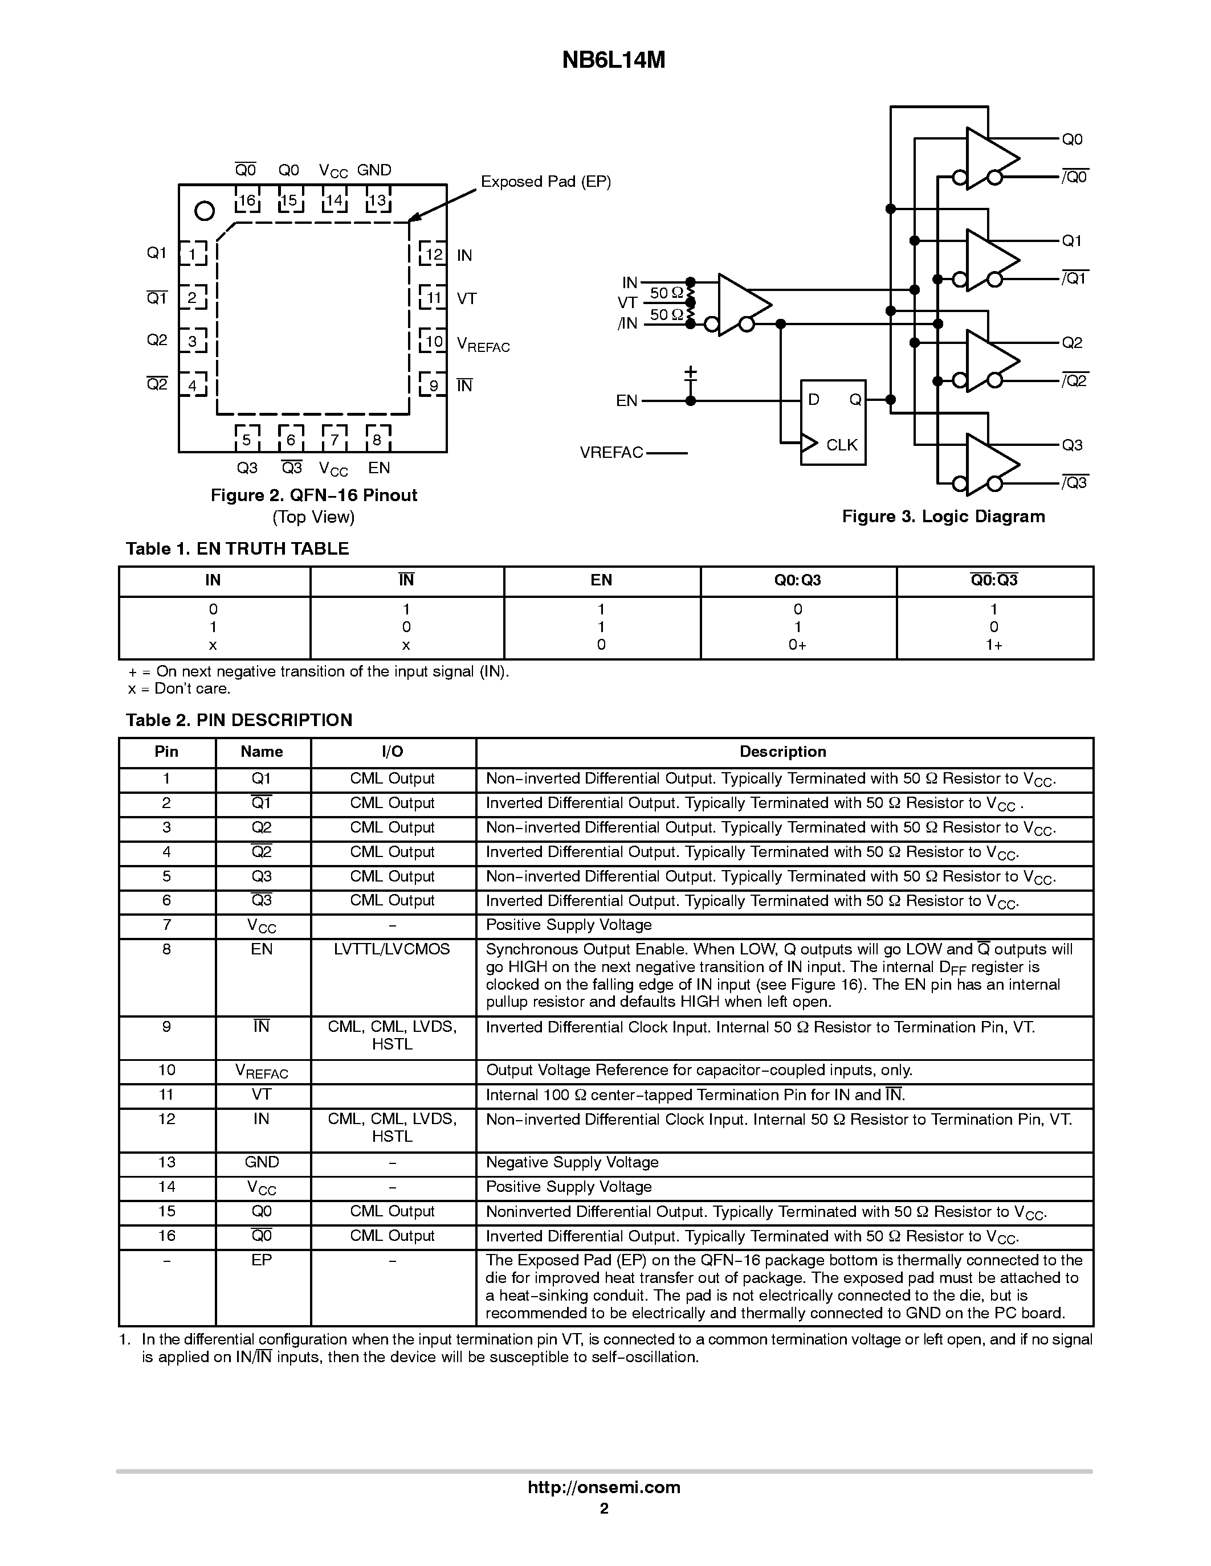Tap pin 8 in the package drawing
pyautogui.click(x=377, y=438)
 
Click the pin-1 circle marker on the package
pyautogui.click(x=205, y=211)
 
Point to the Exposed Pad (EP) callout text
pyautogui.click(x=545, y=182)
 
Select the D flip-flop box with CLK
pyautogui.click(x=833, y=423)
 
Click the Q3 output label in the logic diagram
pyautogui.click(x=1072, y=445)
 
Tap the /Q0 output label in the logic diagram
pyautogui.click(x=1074, y=177)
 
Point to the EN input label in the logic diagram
pyautogui.click(x=626, y=401)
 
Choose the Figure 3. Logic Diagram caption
pyautogui.click(x=943, y=516)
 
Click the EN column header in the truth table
pyautogui.click(x=601, y=580)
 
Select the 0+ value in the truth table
pyautogui.click(x=797, y=645)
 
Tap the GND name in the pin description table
pyautogui.click(x=262, y=1162)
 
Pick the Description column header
pyautogui.click(x=782, y=752)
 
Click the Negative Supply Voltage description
pyautogui.click(x=572, y=1162)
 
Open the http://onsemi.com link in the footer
pyautogui.click(x=604, y=1487)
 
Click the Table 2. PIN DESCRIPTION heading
pyautogui.click(x=239, y=720)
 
